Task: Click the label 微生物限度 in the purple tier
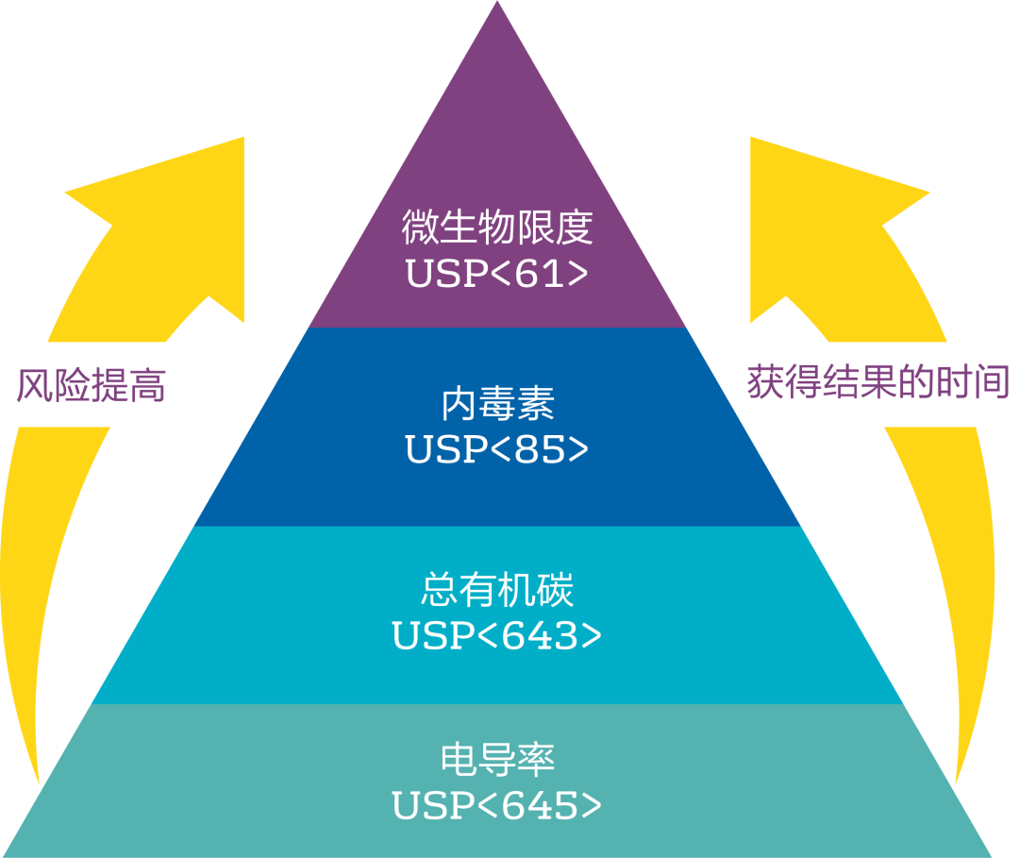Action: pos(497,228)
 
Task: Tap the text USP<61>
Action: pos(497,273)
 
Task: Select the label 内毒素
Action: pos(497,405)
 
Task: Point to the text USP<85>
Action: pos(497,449)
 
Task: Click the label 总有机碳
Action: pos(497,591)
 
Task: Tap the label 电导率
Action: pos(497,760)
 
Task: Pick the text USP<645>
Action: pos(497,805)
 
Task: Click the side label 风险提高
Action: pos(91,386)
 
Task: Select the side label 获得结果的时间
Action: pos(878,382)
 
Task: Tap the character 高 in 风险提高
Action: pos(147,386)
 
